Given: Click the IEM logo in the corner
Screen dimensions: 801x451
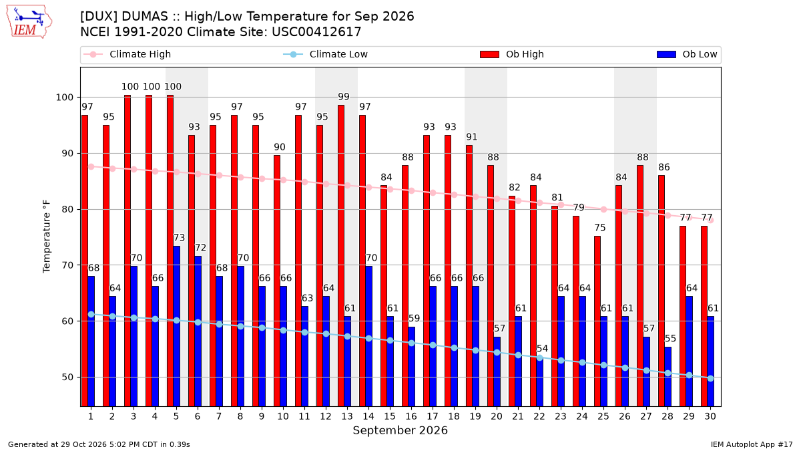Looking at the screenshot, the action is point(29,21).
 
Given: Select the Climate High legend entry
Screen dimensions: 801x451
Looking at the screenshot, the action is point(127,54).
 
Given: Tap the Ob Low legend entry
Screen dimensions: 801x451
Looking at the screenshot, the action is point(687,54).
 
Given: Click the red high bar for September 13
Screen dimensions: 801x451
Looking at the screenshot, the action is point(341,255).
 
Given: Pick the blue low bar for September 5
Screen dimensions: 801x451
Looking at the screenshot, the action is point(177,326).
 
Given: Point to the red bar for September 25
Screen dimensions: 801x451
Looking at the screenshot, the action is point(597,321).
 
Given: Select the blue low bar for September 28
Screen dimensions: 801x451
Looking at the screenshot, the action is point(668,377).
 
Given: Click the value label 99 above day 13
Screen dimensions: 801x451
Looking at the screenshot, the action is point(344,97).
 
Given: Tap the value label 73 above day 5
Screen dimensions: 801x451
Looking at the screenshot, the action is point(179,238).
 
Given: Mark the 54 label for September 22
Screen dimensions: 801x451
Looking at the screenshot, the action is point(542,349).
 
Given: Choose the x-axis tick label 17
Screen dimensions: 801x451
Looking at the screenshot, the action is point(433,416).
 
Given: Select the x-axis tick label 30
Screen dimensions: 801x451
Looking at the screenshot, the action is point(710,416).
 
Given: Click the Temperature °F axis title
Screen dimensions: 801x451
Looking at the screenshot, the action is point(47,237).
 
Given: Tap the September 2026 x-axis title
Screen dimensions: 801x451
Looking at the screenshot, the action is point(400,430).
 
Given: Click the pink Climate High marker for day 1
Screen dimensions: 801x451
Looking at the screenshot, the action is point(91,167).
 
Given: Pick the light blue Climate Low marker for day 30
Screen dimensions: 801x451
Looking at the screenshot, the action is point(710,378).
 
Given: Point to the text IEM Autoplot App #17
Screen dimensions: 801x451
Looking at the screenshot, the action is point(752,444).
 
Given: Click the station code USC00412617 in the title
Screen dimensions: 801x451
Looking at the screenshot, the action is point(316,32).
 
